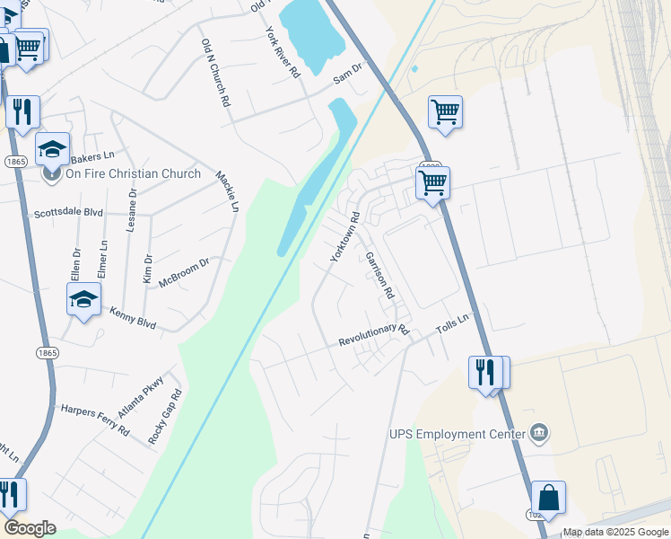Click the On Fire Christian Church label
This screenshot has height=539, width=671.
(133, 173)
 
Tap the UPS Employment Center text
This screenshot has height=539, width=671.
(457, 434)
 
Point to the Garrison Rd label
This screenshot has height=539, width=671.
(379, 275)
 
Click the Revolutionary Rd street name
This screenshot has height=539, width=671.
(373, 336)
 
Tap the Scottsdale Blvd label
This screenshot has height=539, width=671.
(69, 214)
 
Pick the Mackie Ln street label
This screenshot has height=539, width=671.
(228, 190)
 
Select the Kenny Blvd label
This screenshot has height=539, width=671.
(133, 317)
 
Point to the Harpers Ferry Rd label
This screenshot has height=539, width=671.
(94, 420)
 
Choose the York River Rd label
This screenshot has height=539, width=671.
(282, 52)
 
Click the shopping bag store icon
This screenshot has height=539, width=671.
(548, 499)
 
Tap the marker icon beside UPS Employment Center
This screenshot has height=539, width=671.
(539, 434)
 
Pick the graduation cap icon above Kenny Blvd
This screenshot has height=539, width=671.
(83, 300)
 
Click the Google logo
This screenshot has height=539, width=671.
(30, 528)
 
